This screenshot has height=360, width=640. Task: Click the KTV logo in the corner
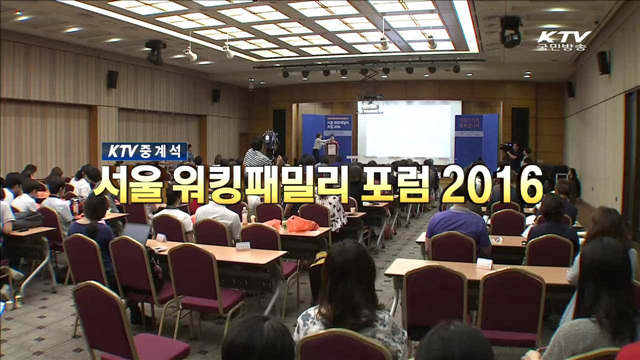[563, 37]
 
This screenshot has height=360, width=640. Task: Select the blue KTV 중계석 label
[144, 151]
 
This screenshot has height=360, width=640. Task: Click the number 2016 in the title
[494, 185]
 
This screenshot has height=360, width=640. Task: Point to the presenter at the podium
[319, 147]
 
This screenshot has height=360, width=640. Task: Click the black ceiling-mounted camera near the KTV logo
[510, 31]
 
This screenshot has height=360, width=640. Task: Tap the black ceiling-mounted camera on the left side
[155, 51]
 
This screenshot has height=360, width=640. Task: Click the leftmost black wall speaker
[112, 79]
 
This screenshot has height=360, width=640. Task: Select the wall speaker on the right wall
[603, 62]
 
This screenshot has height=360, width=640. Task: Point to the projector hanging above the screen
[370, 101]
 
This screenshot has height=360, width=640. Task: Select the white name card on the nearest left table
[243, 245]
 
